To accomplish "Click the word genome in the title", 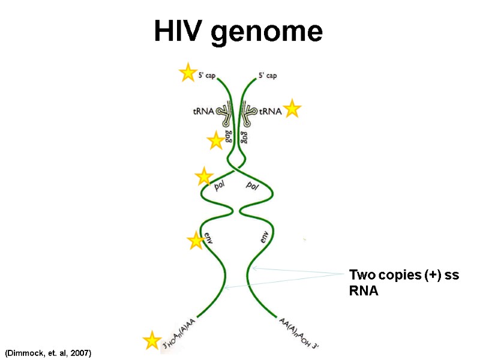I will (267, 32).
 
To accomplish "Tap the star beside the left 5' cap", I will (188, 73).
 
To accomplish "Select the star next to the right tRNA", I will (292, 109).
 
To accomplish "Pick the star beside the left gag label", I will (215, 141).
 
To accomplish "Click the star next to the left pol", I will (204, 176).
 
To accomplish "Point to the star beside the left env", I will (196, 241).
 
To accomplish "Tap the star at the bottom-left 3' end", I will (152, 340).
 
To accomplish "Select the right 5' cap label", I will (268, 76).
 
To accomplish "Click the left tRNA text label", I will (203, 111).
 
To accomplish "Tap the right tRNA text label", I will (270, 111).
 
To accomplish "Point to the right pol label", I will (252, 186).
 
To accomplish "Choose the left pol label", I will (221, 186).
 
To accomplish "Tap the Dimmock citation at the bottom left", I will (48, 353).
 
